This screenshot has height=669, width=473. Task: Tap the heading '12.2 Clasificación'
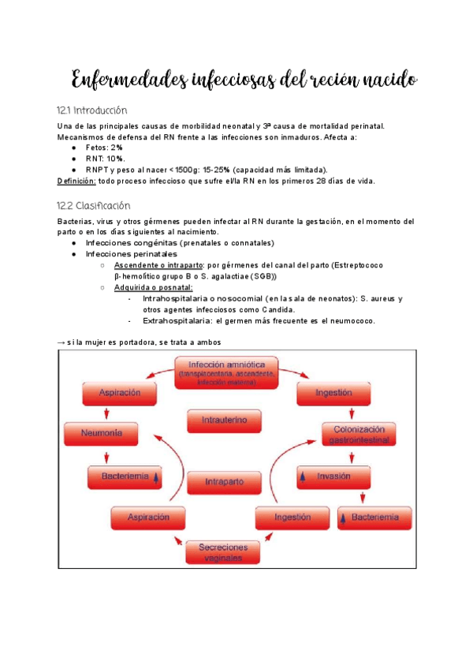pyautogui.click(x=94, y=204)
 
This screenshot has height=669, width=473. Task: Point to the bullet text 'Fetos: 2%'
pyautogui.click(x=104, y=148)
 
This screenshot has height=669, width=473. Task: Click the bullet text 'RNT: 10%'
pyautogui.click(x=105, y=159)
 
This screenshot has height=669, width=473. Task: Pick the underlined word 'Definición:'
pyautogui.click(x=76, y=181)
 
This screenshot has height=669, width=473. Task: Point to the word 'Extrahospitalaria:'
pyautogui.click(x=174, y=321)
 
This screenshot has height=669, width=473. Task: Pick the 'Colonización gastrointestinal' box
pyautogui.click(x=359, y=433)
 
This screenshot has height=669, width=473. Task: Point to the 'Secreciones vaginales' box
pyautogui.click(x=224, y=551)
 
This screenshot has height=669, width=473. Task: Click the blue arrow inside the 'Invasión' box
pyautogui.click(x=304, y=477)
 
